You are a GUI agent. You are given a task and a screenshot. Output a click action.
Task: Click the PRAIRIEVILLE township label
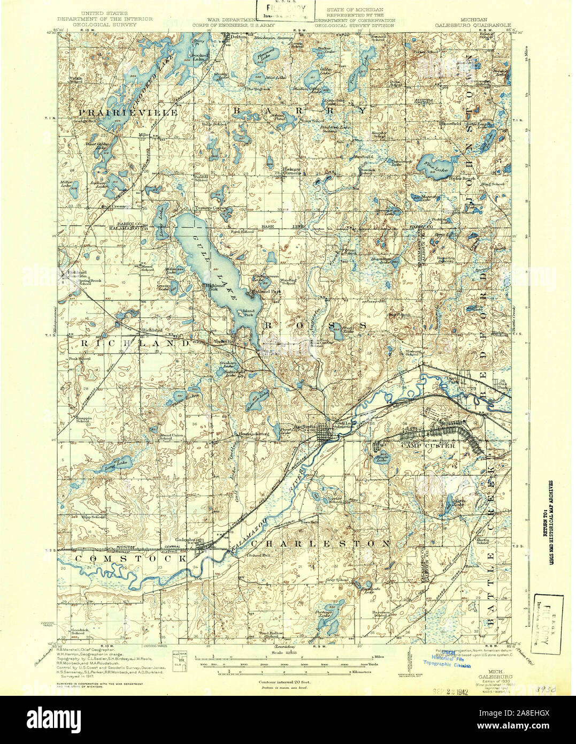[x=120, y=113]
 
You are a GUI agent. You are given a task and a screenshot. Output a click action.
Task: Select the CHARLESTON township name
[x=321, y=543]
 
